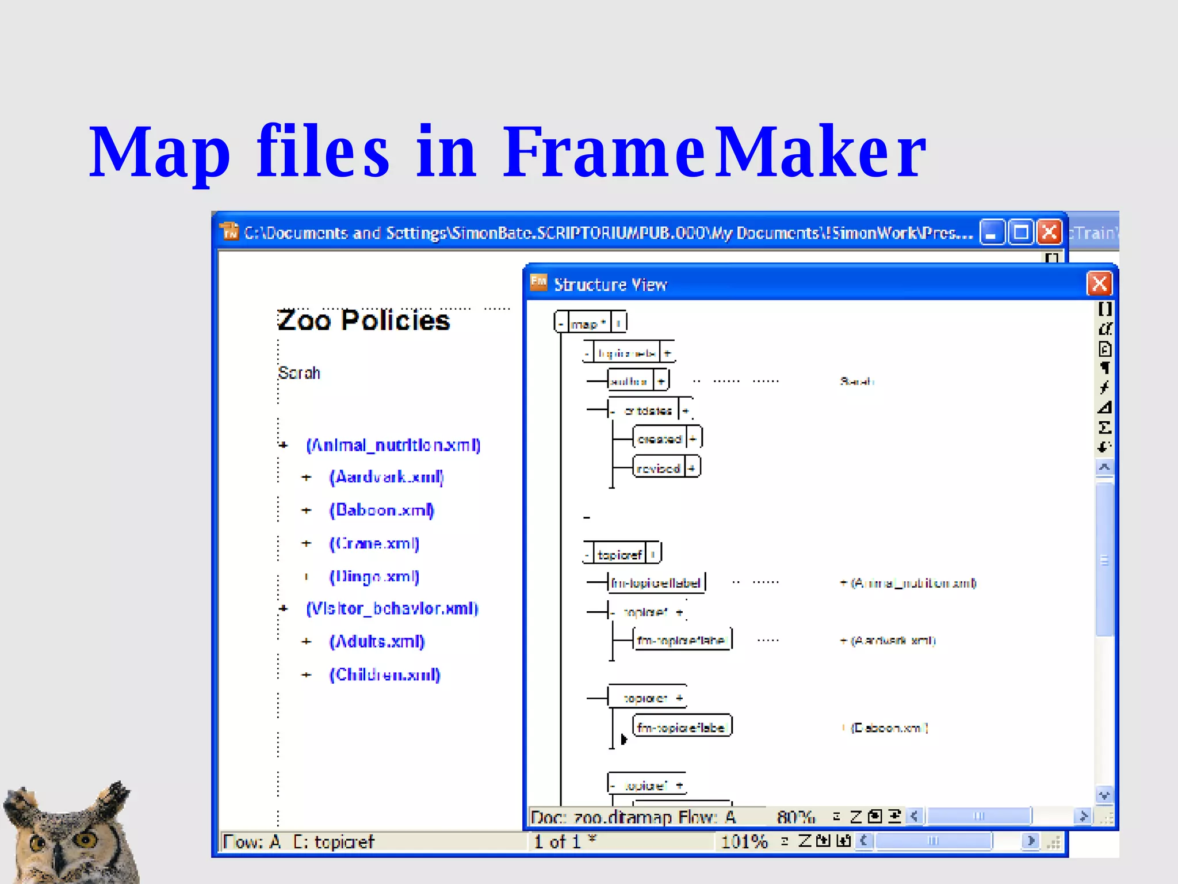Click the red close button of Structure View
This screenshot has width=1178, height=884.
[1099, 284]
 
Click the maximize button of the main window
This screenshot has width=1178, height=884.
[1021, 233]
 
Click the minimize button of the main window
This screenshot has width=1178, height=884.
[992, 233]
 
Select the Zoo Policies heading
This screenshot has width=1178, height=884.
[364, 321]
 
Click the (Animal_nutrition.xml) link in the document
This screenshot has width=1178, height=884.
[393, 445]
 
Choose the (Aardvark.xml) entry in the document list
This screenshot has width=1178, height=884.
[387, 477]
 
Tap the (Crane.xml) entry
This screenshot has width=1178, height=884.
[374, 543]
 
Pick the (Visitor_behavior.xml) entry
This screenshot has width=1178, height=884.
[392, 608]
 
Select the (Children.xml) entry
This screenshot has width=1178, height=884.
[385, 675]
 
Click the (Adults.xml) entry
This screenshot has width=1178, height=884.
[377, 641]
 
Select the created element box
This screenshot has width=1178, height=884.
[659, 439]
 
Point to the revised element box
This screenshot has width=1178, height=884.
[659, 468]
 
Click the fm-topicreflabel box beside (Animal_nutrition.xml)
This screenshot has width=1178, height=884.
[656, 583]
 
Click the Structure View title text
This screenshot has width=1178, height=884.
[610, 284]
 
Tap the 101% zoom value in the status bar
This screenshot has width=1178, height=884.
[744, 842]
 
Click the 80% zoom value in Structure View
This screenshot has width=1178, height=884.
[795, 817]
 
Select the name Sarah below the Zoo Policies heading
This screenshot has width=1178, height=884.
[299, 373]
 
